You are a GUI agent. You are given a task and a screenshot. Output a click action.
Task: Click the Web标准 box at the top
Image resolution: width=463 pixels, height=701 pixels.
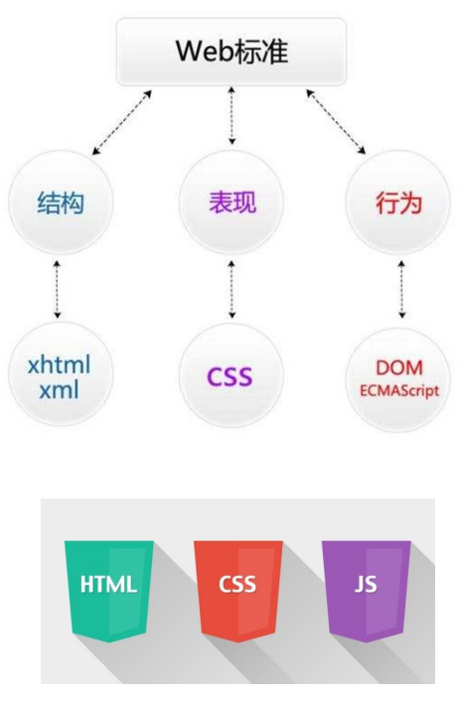[232, 51]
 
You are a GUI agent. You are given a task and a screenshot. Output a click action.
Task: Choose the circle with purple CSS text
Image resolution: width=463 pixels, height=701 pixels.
[231, 376]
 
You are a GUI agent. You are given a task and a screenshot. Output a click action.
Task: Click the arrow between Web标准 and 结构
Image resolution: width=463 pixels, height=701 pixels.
[121, 122]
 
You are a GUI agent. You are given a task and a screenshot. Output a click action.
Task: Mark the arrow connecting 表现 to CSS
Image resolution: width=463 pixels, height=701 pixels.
[231, 290]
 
